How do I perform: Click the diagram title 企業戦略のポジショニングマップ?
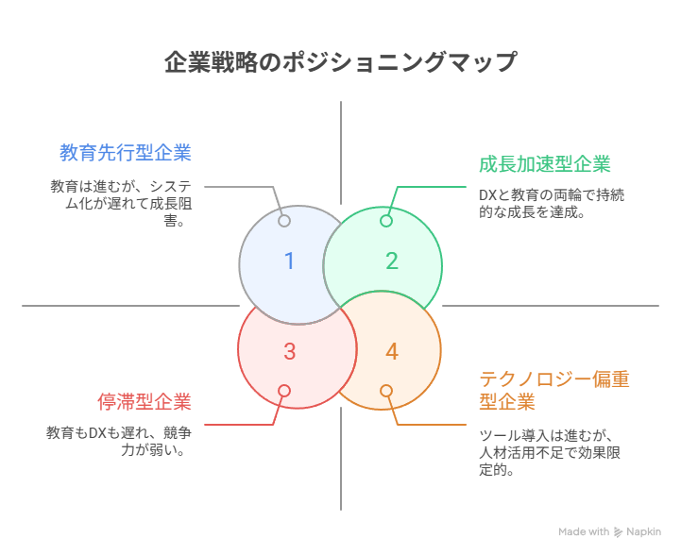tap(340, 62)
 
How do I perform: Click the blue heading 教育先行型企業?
tap(126, 152)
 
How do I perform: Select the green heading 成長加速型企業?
tap(545, 164)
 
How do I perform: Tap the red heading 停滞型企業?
tap(145, 402)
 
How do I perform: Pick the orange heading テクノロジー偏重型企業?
tap(554, 390)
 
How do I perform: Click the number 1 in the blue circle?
tap(289, 261)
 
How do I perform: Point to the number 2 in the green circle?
tap(391, 261)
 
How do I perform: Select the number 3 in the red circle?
tap(289, 352)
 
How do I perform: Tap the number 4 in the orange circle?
tap(391, 352)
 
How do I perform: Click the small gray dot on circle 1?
tap(284, 221)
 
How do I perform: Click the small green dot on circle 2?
tap(385, 221)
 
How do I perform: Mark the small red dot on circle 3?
tap(284, 391)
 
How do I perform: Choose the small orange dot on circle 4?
tap(385, 391)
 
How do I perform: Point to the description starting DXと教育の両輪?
tap(551, 204)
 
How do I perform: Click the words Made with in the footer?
tap(584, 532)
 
